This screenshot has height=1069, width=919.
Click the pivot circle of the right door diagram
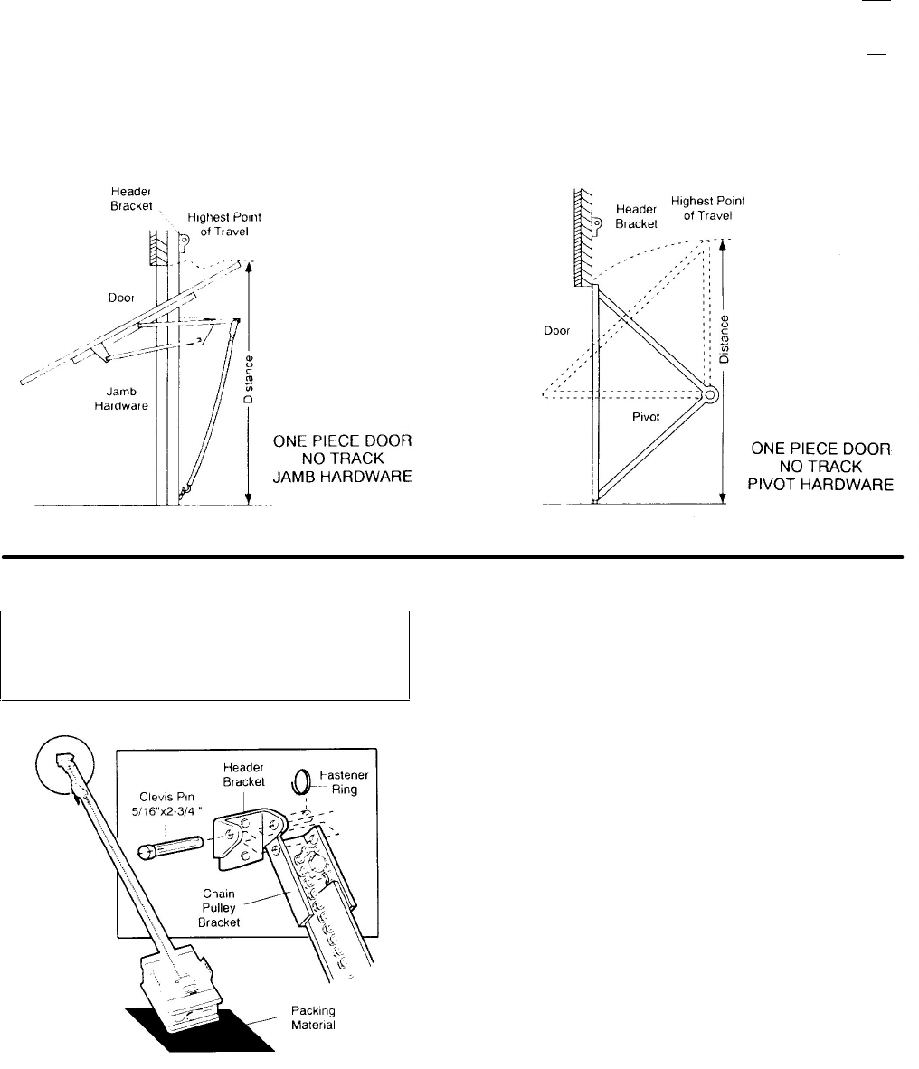pos(710,395)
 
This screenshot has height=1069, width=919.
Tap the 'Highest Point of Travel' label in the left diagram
pos(217,224)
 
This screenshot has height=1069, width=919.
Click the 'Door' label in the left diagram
pos(121,298)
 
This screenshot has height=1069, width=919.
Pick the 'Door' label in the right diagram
pos(556,331)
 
